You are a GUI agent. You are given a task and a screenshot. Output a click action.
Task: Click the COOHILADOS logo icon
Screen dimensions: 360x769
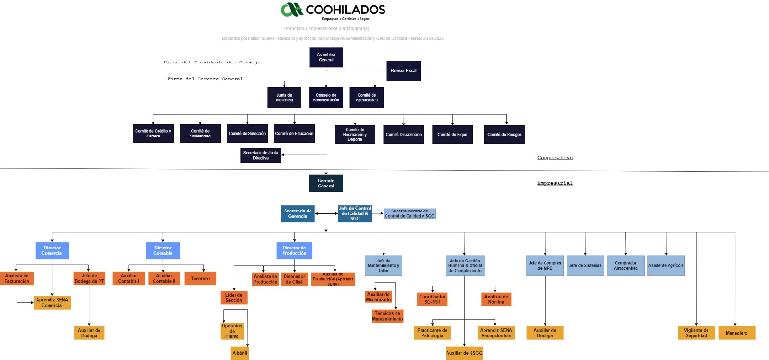pyautogui.click(x=291, y=10)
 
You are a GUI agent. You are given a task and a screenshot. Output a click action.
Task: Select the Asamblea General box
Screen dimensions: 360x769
pyautogui.click(x=326, y=57)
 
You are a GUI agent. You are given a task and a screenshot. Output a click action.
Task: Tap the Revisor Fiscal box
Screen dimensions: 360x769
pyautogui.click(x=403, y=71)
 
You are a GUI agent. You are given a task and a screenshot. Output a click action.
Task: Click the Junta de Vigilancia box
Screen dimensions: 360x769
pyautogui.click(x=284, y=98)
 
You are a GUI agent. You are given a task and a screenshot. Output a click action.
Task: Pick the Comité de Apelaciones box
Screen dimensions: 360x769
pyautogui.click(x=367, y=98)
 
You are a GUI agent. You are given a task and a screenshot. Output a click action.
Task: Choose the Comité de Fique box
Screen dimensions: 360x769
pyautogui.click(x=452, y=135)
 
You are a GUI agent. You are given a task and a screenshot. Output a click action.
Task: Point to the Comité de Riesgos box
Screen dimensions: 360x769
pyautogui.click(x=504, y=135)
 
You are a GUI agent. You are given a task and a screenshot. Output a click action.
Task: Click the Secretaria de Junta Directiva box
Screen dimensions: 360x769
pyautogui.click(x=260, y=155)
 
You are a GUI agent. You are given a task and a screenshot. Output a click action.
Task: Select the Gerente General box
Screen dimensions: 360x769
pyautogui.click(x=326, y=183)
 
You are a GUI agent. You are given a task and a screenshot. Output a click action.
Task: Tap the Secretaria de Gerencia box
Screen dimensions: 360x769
pyautogui.click(x=298, y=213)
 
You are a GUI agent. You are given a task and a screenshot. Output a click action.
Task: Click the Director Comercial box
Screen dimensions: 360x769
pyautogui.click(x=52, y=250)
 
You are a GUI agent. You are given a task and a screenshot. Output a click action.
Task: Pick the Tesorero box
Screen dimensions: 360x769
pyautogui.click(x=200, y=278)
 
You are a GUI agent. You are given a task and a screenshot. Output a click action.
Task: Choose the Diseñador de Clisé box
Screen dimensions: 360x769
pyautogui.click(x=294, y=279)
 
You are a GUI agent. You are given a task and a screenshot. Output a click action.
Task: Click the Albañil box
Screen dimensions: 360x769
pyautogui.click(x=239, y=353)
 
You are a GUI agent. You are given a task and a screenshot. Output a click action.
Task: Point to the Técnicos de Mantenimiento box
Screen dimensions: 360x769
pyautogui.click(x=387, y=316)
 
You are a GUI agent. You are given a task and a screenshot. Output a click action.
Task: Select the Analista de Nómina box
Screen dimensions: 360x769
pyautogui.click(x=496, y=299)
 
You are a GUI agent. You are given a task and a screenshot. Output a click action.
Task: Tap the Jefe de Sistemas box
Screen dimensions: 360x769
pyautogui.click(x=585, y=265)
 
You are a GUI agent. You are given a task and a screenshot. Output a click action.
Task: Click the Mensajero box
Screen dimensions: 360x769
pyautogui.click(x=736, y=333)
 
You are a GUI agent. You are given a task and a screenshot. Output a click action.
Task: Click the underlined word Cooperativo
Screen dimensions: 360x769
pyautogui.click(x=555, y=158)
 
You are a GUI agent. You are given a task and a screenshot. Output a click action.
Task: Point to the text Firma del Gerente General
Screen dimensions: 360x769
pyautogui.click(x=205, y=79)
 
